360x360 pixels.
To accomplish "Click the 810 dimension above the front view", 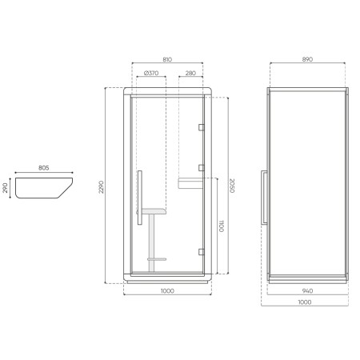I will (x=166, y=60).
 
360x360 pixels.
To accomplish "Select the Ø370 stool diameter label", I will (x=149, y=74).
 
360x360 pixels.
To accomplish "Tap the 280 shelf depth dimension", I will (x=190, y=74).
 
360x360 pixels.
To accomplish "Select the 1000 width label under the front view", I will (x=166, y=290).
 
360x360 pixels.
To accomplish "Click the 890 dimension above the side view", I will (x=309, y=60).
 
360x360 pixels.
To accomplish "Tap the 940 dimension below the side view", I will (x=309, y=290).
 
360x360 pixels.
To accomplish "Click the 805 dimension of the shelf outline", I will (x=44, y=168).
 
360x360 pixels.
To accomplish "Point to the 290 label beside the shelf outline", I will (x=6, y=189).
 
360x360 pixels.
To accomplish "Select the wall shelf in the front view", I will (x=190, y=182).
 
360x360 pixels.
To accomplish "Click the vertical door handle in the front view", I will (x=139, y=192).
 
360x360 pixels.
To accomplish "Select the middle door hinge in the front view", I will (x=202, y=168).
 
